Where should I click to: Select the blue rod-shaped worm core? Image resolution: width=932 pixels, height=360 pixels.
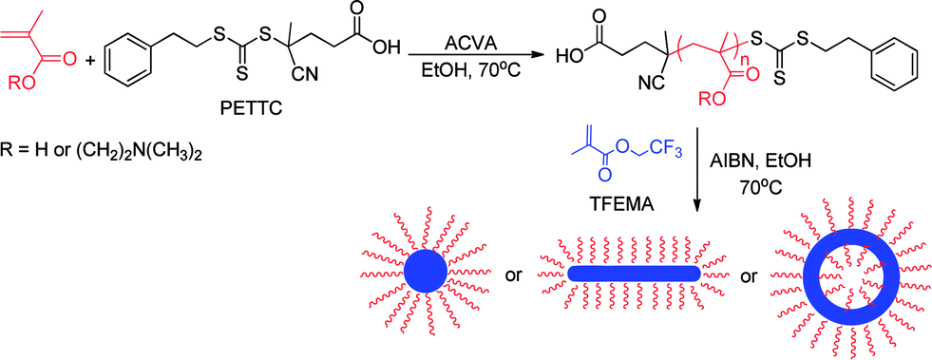tap(634, 274)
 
